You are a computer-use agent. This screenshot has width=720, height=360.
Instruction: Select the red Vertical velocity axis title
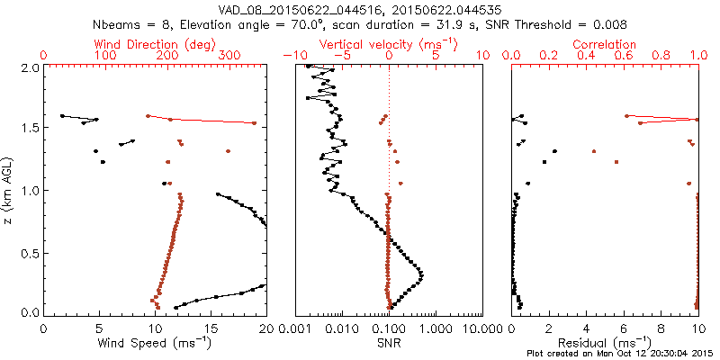pyautogui.click(x=388, y=44)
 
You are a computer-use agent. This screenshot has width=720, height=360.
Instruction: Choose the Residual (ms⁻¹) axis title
pyautogui.click(x=605, y=342)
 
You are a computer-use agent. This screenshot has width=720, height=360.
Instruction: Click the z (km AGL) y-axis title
pyautogui.click(x=9, y=190)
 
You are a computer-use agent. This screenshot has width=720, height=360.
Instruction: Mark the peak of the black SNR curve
pyautogui.click(x=423, y=274)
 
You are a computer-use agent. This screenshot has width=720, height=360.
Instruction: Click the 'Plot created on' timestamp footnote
pyautogui.click(x=620, y=354)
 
